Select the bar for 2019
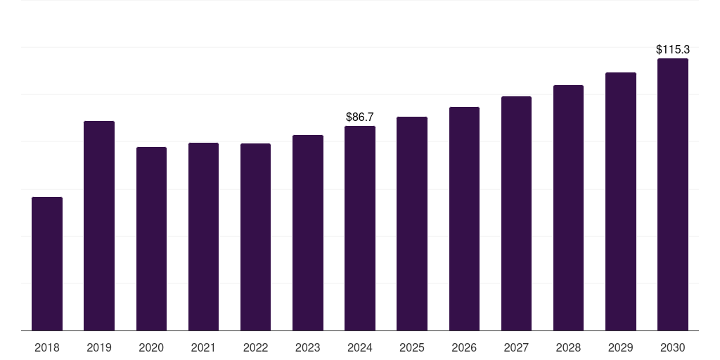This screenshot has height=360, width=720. coord(99,226)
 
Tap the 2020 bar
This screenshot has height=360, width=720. coord(151,239)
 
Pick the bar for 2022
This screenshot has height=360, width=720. coord(255,237)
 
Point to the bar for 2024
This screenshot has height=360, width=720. coord(360,229)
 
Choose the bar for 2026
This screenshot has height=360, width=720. coord(464,219)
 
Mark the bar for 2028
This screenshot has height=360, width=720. coord(568,208)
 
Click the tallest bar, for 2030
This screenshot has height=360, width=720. coord(673,195)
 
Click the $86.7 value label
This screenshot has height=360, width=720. coord(360,117)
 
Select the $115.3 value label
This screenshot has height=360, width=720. coord(673,50)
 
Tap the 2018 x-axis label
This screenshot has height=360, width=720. coord(47,347)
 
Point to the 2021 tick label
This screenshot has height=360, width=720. coord(203,347)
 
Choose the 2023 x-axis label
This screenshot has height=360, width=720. coord(308,347)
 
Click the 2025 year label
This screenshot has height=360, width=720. coord(412,347)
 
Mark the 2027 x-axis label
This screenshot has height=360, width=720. coord(516,347)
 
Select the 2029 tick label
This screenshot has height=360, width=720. coord(621,347)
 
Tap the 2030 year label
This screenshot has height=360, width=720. coord(673,347)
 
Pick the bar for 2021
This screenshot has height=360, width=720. coord(203,237)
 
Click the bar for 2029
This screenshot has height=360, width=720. coord(621,202)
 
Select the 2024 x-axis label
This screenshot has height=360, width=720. coord(360,347)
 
